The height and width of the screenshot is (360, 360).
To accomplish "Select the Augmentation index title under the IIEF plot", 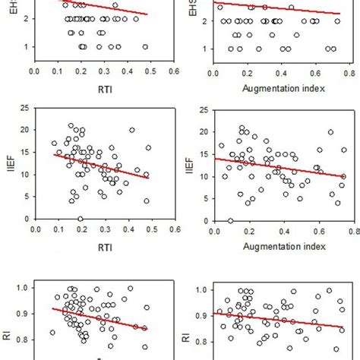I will coord(283,246).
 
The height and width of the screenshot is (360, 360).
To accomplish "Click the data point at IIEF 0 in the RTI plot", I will coord(80,219).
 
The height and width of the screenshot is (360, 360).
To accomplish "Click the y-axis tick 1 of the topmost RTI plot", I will coord(26,47).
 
